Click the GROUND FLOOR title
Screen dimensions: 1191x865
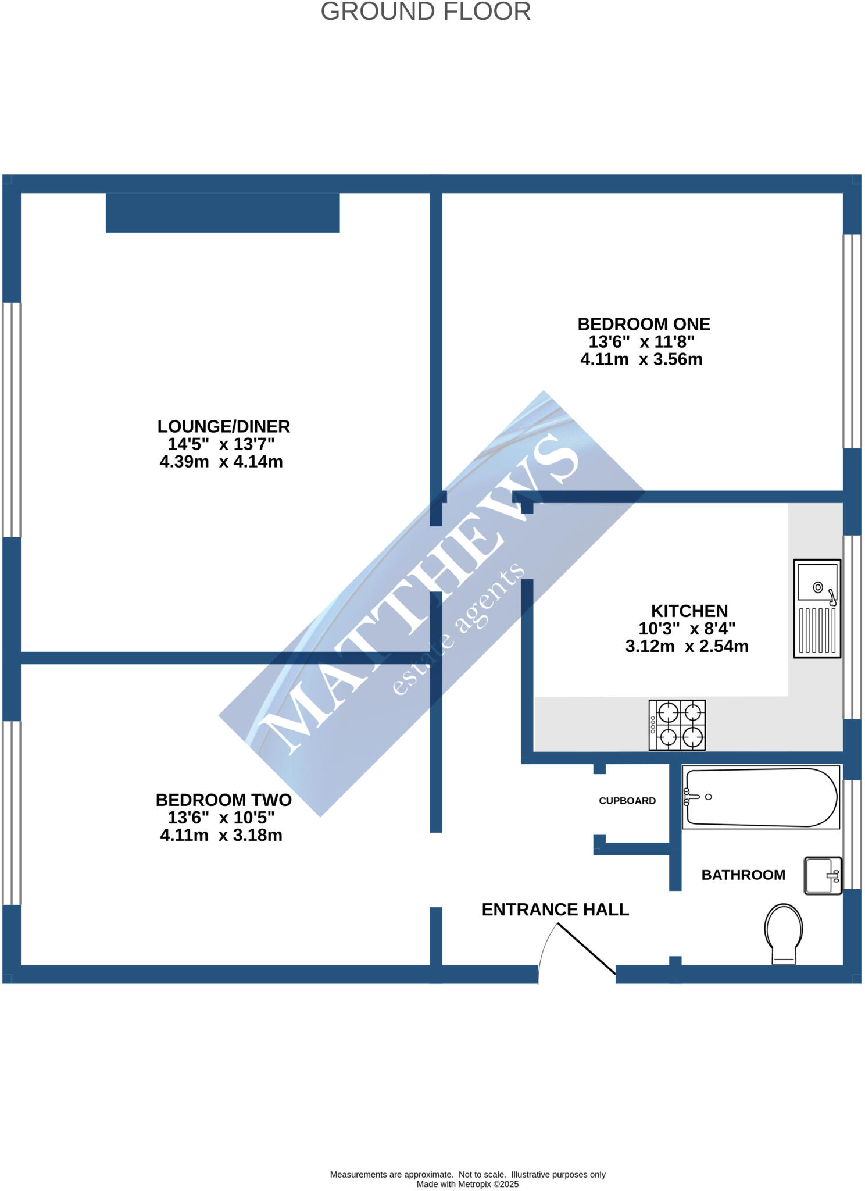click(426, 12)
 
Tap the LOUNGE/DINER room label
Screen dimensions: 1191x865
click(223, 426)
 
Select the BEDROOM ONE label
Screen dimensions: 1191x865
click(644, 324)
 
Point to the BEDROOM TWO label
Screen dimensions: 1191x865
click(223, 800)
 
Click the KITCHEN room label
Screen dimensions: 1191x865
click(689, 611)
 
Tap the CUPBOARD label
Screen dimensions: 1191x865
click(627, 801)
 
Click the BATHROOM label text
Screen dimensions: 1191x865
click(743, 875)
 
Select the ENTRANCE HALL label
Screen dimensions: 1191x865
click(555, 910)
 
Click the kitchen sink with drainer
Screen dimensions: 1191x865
click(817, 608)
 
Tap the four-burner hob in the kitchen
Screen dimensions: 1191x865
click(677, 725)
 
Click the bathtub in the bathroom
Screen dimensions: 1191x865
click(761, 797)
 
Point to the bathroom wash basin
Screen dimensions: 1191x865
click(823, 875)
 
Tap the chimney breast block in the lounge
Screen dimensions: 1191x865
click(223, 213)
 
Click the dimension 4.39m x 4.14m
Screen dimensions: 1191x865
click(221, 462)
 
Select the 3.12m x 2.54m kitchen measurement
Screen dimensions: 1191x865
click(687, 646)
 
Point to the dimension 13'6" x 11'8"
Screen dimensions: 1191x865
click(641, 341)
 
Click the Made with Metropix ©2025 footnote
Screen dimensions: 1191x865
click(467, 1184)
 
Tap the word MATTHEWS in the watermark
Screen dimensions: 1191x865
click(419, 593)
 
